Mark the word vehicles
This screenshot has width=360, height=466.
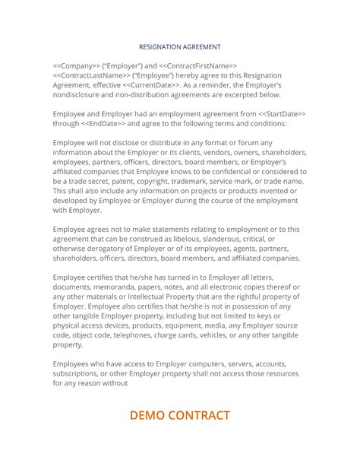(x=229, y=334)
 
